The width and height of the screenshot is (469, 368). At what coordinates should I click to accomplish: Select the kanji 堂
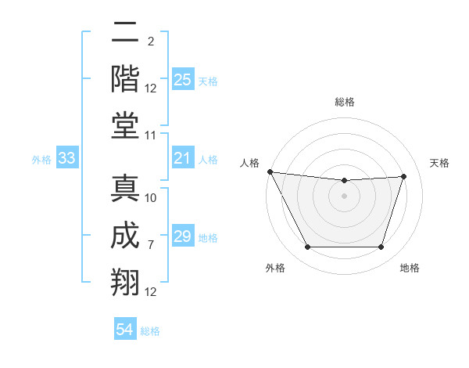pos(125,124)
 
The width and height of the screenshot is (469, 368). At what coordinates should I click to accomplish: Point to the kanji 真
pos(125,188)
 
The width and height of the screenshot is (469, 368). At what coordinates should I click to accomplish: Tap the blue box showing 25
pos(183,80)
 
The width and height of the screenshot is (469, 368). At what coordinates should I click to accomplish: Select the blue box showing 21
pos(183,159)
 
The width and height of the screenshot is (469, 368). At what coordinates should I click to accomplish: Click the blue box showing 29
pos(183,237)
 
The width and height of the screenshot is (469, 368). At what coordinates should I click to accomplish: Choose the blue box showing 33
pos(66,159)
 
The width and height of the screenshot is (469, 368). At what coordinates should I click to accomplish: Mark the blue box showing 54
pos(125,330)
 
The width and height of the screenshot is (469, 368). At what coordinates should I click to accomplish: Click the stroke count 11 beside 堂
pos(151,135)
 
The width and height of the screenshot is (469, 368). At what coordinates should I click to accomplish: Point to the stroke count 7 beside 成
pos(151,245)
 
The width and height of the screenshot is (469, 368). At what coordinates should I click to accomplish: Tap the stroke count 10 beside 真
pos(151,198)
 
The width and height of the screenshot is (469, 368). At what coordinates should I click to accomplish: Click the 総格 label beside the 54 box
pos(150,331)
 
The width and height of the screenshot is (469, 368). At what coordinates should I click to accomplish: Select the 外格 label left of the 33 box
pos(41,160)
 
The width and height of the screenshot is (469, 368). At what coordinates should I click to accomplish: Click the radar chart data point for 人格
pos(270,171)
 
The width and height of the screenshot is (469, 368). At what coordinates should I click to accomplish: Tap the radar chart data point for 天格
pos(404,176)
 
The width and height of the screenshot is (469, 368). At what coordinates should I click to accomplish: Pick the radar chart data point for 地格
pos(381,247)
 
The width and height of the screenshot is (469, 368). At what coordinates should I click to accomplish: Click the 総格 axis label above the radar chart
pos(344,102)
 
